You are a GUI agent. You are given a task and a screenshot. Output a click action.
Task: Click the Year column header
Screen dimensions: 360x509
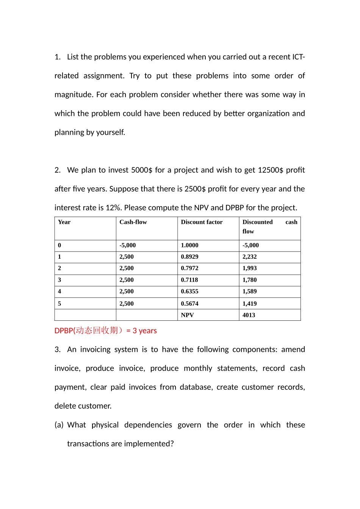coord(64,222)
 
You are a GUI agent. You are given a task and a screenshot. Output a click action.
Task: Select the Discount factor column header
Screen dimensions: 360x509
coord(202,222)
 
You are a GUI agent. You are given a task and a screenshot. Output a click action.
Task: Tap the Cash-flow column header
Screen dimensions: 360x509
coord(133,222)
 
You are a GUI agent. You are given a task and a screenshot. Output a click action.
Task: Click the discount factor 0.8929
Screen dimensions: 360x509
coord(189,257)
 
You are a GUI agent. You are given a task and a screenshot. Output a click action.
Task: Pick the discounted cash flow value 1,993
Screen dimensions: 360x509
coord(249,268)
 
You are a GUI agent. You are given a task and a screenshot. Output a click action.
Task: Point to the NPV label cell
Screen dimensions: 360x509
coord(187,315)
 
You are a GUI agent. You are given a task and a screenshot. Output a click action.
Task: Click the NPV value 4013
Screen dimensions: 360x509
coord(249,315)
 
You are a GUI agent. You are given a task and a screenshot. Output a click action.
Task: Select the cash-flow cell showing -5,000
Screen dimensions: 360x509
coord(127,245)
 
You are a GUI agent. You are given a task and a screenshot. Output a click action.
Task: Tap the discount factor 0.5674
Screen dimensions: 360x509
coord(189,304)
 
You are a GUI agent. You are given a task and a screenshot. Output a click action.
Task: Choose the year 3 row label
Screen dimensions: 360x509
coord(59,280)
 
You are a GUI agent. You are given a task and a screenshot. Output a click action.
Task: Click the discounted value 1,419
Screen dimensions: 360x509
coord(249,304)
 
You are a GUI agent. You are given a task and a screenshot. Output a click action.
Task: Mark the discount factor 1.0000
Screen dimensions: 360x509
coord(189,245)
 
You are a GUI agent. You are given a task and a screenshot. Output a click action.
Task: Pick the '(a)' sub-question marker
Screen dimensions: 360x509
coord(59,425)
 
